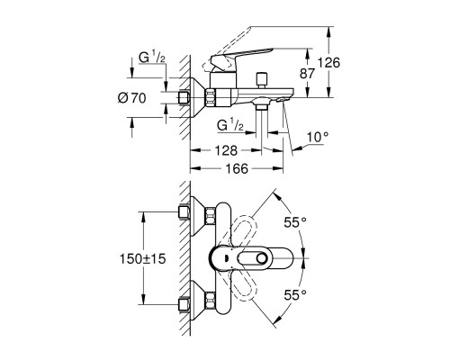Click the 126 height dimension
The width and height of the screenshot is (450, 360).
coord(328,63)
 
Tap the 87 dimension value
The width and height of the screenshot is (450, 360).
coord(307,74)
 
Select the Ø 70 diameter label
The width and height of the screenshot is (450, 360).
coord(132,98)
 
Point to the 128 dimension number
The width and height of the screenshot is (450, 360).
coord(226,150)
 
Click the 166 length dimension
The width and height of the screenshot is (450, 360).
coord(237,168)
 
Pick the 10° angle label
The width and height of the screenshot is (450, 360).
coord(318,137)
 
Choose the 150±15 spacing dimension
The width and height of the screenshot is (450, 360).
coord(143,258)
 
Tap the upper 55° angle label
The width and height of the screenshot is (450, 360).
coord(295,222)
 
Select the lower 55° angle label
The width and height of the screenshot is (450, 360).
coord(295,295)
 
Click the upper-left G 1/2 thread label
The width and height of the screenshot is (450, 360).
coord(152,58)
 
